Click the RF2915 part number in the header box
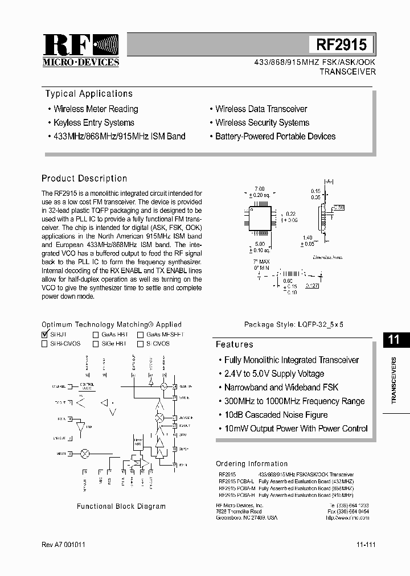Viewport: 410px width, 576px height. (342, 45)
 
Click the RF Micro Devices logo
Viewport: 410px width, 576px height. (81, 50)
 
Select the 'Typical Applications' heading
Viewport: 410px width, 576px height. (89, 94)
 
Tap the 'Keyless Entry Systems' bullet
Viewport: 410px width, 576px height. (94, 122)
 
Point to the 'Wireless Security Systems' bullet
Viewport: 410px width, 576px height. (262, 122)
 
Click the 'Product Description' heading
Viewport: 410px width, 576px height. (84, 178)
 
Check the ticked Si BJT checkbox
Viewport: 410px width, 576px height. (44, 335)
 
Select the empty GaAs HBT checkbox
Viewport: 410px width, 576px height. (96, 335)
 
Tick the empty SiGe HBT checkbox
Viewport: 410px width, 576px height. (96, 344)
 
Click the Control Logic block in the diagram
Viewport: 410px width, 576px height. (87, 386)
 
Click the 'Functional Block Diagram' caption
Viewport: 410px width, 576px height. (121, 506)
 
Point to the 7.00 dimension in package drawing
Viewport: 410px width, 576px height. (260, 188)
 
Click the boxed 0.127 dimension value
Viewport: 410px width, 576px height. (311, 285)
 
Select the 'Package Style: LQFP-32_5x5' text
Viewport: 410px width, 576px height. (294, 324)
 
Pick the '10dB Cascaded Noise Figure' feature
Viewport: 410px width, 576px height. (276, 414)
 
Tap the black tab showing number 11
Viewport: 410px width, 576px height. (393, 340)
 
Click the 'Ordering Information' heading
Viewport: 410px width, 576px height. (252, 464)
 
